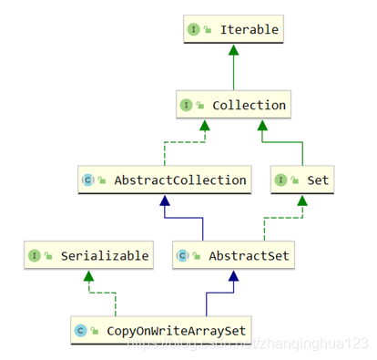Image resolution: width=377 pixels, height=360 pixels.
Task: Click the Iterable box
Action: click(x=232, y=30)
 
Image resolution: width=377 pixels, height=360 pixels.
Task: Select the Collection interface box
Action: click(x=232, y=105)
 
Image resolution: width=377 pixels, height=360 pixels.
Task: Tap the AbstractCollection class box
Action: click(x=164, y=180)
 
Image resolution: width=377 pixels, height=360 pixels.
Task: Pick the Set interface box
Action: click(x=301, y=180)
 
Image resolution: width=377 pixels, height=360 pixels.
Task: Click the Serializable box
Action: click(x=87, y=256)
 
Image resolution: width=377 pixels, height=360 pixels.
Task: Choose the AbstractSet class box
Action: click(x=232, y=256)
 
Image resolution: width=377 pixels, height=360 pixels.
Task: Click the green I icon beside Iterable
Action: click(x=194, y=30)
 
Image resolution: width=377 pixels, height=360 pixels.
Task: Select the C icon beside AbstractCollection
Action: click(x=87, y=180)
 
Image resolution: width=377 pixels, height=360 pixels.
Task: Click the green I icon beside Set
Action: click(x=281, y=180)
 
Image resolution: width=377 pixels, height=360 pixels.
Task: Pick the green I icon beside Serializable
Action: click(x=34, y=256)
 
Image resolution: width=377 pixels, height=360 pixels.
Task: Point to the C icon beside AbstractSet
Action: click(x=182, y=256)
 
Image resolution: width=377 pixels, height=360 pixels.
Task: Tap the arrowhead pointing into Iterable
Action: click(x=232, y=50)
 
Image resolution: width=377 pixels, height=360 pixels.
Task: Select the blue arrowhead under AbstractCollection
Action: click(x=164, y=201)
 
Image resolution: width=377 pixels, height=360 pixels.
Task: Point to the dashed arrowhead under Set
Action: click(x=300, y=201)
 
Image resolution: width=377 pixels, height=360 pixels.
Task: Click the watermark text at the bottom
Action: click(x=246, y=344)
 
